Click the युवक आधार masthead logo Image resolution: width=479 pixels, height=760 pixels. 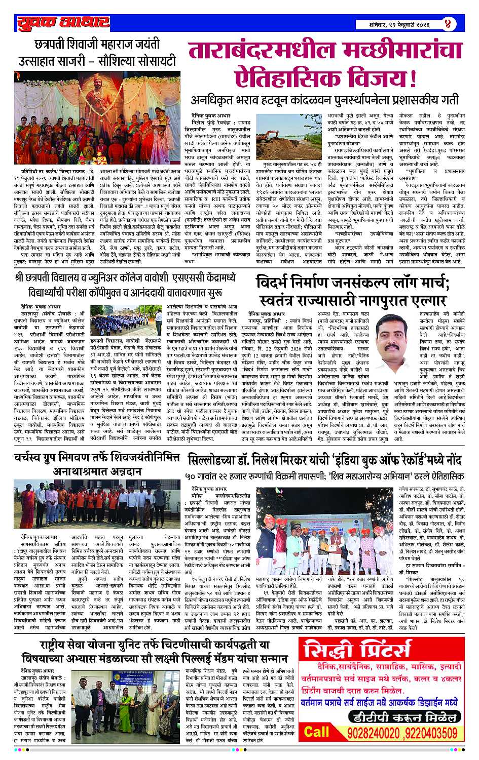(62, 23)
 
